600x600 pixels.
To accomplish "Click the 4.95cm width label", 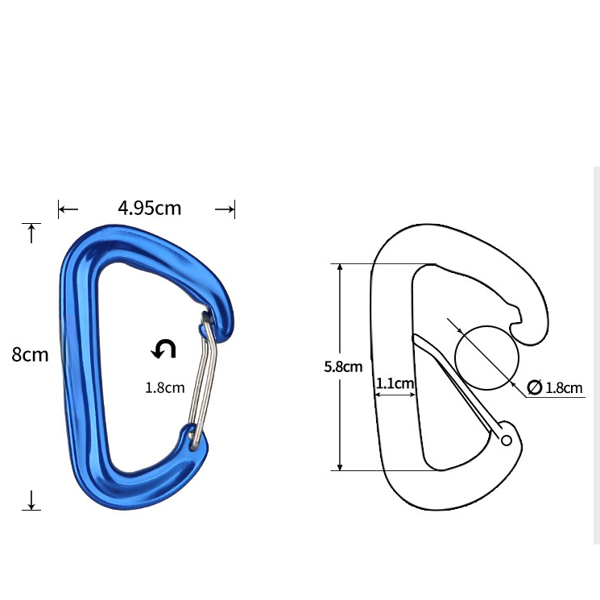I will [150, 208].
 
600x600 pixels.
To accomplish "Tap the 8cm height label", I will [30, 354].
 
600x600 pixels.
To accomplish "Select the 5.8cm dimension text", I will [343, 366].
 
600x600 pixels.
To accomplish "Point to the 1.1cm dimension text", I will [395, 383].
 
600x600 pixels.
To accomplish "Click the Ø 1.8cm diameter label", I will [555, 387].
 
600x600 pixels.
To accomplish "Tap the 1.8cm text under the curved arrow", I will [164, 387].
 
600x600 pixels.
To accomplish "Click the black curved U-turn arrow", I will [164, 349].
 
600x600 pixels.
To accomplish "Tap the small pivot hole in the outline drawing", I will [506, 440].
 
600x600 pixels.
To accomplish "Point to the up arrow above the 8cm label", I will [31, 234].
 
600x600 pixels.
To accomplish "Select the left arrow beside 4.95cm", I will [68, 209].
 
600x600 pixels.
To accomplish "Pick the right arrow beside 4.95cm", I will [225, 209].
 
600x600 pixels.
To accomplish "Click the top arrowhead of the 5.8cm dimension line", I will [341, 269].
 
